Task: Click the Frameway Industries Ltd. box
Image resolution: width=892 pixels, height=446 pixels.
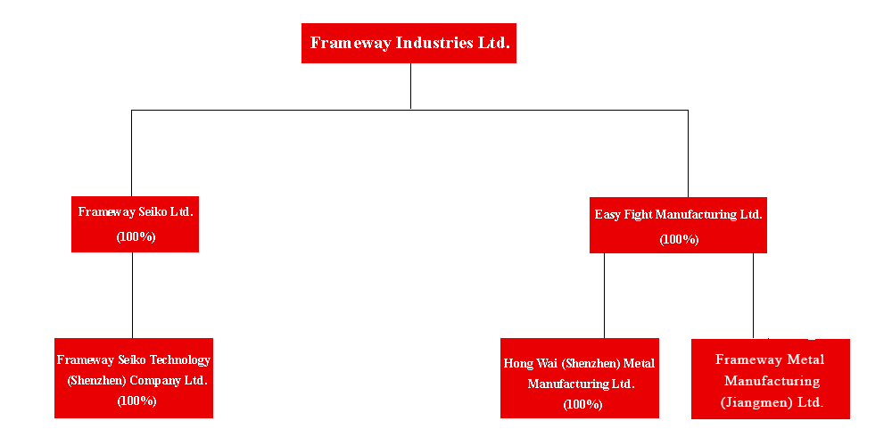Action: [409, 43]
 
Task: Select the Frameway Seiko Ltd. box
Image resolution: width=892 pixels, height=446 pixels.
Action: [135, 224]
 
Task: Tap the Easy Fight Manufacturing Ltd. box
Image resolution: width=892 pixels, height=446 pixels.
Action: [678, 226]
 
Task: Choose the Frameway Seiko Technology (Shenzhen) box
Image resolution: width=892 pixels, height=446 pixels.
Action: [134, 378]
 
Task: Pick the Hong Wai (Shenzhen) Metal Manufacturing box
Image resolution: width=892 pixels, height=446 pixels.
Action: [580, 378]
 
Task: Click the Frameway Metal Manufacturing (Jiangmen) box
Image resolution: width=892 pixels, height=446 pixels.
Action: [771, 379]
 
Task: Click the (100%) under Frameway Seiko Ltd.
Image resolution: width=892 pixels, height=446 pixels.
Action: [136, 236]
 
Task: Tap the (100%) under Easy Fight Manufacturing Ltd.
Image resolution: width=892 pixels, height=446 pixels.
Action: [679, 239]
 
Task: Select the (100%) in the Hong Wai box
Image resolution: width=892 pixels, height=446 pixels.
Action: [583, 404]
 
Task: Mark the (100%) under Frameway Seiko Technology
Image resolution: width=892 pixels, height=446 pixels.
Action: [137, 401]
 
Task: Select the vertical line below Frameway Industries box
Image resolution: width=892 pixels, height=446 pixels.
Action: [410, 86]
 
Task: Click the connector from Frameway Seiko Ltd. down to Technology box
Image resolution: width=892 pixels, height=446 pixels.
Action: [133, 295]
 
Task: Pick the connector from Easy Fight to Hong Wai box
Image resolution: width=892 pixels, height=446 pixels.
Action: [604, 296]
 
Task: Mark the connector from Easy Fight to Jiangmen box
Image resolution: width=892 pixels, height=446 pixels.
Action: [753, 296]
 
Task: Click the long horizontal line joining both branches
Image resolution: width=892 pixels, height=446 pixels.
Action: [409, 110]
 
